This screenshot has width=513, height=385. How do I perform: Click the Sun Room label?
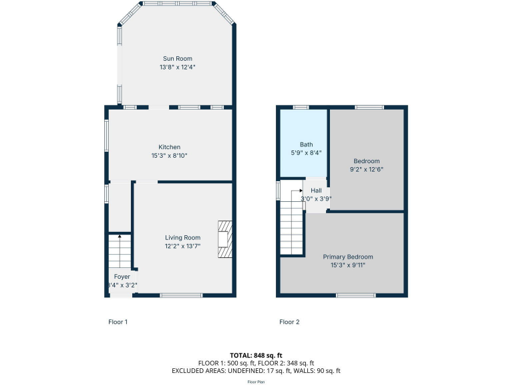[178, 59]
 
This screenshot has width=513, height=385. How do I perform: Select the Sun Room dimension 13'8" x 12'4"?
[178, 67]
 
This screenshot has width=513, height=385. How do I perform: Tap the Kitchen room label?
[169, 147]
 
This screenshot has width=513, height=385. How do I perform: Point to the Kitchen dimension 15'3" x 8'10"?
[169, 155]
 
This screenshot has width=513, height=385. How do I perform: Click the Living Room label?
[183, 237]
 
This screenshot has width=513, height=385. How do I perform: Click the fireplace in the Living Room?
[225, 239]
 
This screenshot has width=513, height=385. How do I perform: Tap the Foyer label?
[122, 276]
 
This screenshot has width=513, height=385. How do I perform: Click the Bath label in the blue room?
[306, 144]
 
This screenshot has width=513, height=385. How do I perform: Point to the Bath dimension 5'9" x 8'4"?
[306, 152]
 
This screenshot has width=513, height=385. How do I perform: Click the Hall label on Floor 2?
[316, 190]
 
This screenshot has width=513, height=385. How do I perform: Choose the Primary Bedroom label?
[348, 257]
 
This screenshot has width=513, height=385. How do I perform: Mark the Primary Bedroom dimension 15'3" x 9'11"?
[348, 265]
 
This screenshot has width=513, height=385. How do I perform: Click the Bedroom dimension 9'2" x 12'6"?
[367, 169]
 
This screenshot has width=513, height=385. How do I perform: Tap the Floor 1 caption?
[118, 322]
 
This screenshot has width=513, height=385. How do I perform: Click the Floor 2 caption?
[289, 322]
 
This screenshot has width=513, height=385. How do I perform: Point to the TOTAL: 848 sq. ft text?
[256, 355]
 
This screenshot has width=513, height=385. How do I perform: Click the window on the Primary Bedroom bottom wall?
[355, 295]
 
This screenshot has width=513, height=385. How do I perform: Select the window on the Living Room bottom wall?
[181, 295]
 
